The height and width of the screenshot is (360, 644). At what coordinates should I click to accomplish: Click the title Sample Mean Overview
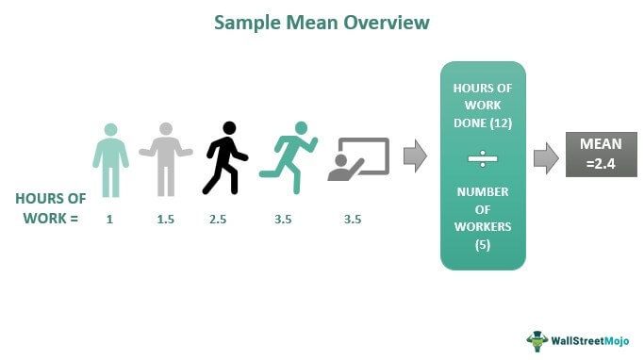click(321, 22)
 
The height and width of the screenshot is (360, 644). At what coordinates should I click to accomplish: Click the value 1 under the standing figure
click(109, 220)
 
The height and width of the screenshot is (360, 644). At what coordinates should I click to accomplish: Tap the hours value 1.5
click(166, 220)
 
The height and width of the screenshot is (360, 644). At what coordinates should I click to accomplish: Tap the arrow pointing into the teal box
click(415, 155)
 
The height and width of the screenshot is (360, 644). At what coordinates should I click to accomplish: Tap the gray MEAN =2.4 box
click(599, 155)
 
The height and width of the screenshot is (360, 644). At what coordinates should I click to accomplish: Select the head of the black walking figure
click(228, 128)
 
